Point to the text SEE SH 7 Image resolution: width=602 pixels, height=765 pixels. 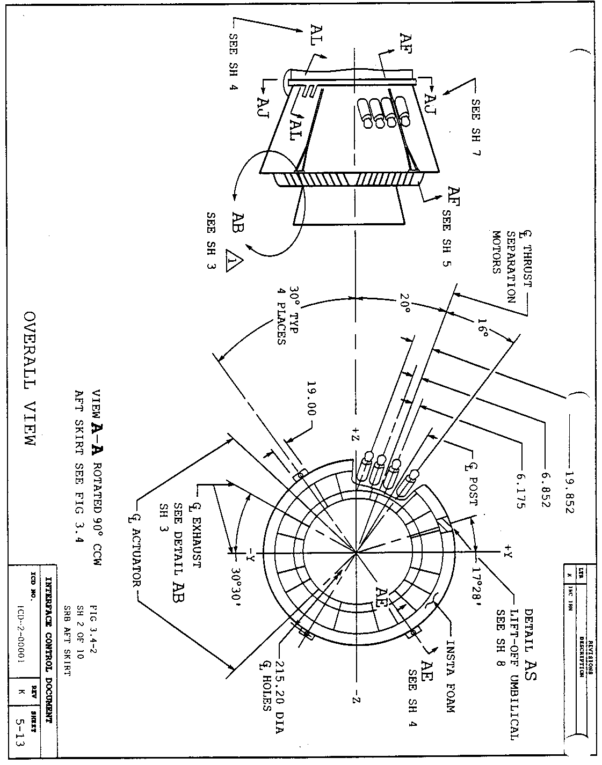[x=475, y=127]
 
